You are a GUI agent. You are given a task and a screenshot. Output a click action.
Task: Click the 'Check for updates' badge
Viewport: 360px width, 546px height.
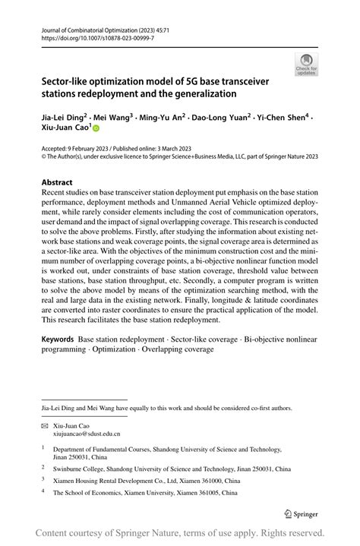point(307,64)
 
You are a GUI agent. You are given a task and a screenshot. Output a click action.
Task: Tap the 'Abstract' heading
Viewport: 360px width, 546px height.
point(57,182)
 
